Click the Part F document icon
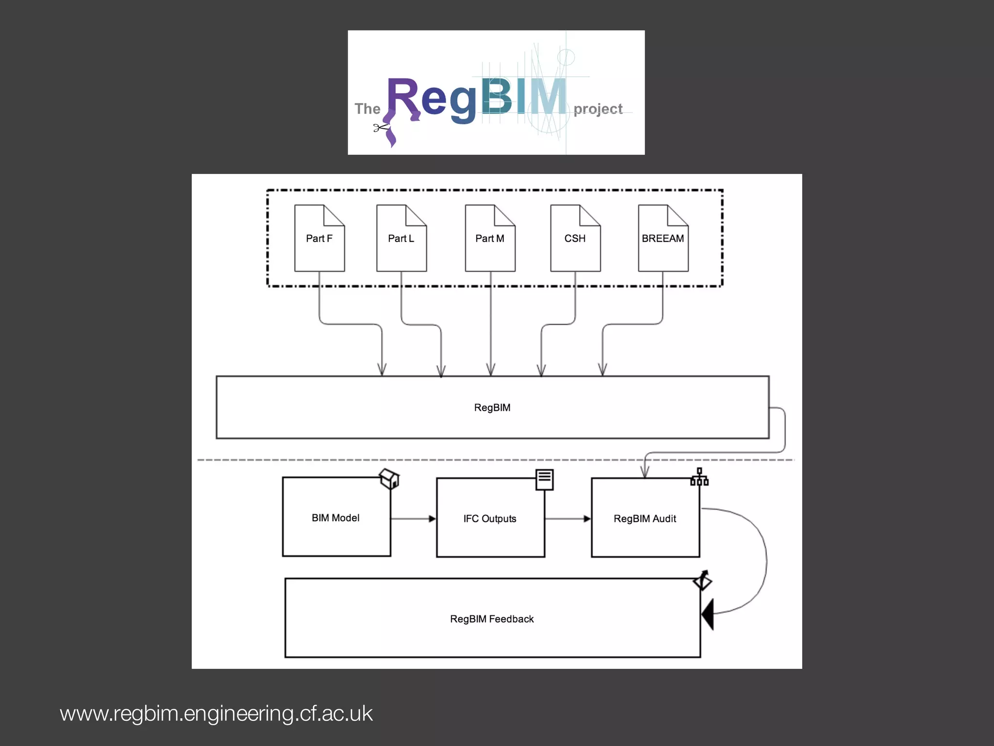tap(319, 238)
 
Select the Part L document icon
tap(401, 238)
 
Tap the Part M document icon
tap(490, 238)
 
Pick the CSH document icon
tap(575, 238)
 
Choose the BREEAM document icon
tap(663, 238)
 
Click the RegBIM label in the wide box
tap(492, 407)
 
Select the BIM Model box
tap(336, 517)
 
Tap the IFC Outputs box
tap(490, 518)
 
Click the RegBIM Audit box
tap(645, 518)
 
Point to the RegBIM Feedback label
tap(492, 619)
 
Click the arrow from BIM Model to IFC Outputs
tap(413, 519)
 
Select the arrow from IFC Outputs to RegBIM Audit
tap(567, 519)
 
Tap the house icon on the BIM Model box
tap(390, 478)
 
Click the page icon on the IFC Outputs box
tap(545, 479)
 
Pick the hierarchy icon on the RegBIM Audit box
tap(699, 477)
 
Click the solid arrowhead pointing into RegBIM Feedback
tap(708, 614)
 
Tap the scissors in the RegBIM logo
tap(381, 128)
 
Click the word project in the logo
tap(598, 109)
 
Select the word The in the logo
tap(367, 109)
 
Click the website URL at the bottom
tap(216, 713)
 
